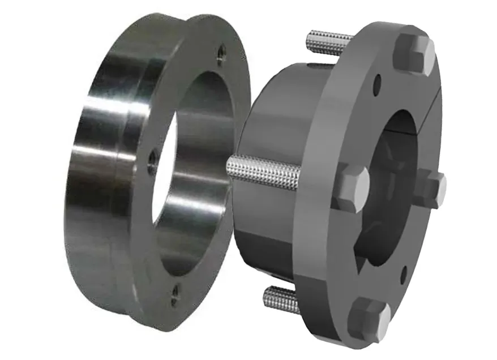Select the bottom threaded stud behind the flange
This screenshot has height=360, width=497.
(281, 299)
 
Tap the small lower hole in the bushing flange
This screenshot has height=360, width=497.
(404, 277)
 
